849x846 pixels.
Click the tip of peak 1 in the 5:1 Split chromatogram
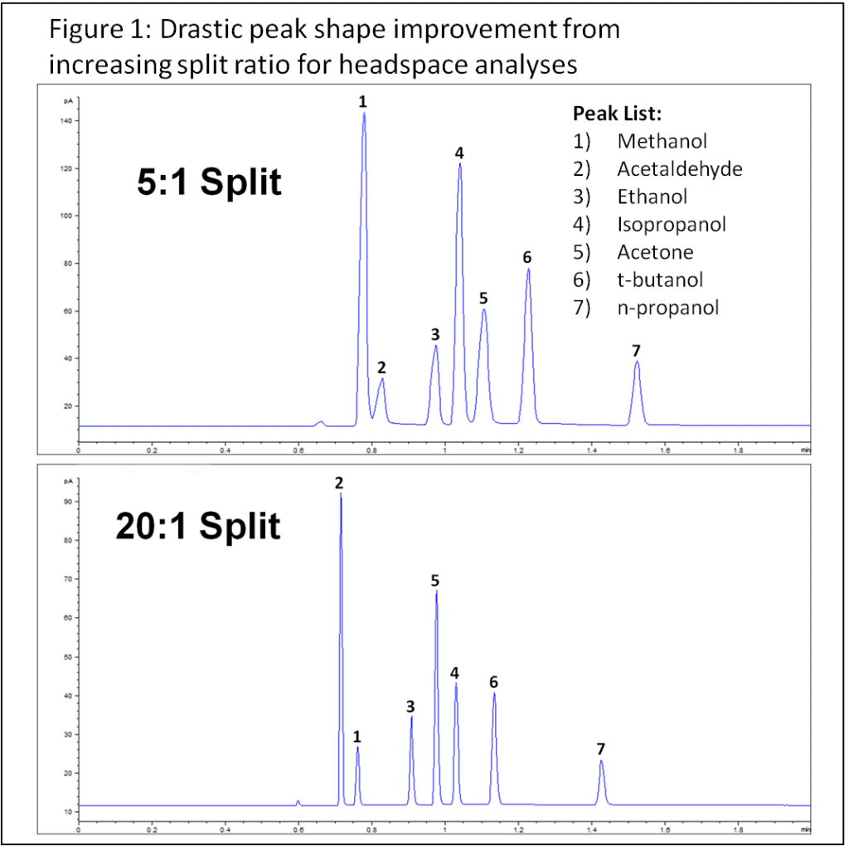(x=363, y=114)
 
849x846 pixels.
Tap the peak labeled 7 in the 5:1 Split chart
(x=637, y=363)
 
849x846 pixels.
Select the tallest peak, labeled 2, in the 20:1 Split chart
(x=341, y=495)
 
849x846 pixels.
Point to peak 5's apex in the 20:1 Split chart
(x=436, y=591)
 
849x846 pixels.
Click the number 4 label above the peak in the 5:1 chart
(x=458, y=153)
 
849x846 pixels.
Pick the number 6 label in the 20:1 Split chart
(x=493, y=682)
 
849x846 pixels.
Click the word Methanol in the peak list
(x=662, y=141)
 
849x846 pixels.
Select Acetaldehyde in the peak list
(x=679, y=169)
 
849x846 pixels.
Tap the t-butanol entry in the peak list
(x=661, y=280)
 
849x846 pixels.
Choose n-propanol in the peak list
(x=668, y=308)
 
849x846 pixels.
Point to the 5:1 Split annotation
(x=209, y=181)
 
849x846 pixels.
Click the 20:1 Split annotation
(x=197, y=526)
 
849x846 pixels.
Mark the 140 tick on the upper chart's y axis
(x=69, y=121)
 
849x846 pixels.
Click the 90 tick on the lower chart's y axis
(x=69, y=502)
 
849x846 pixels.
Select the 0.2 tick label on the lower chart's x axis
(x=152, y=830)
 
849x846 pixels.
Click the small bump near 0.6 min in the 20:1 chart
(x=298, y=802)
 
